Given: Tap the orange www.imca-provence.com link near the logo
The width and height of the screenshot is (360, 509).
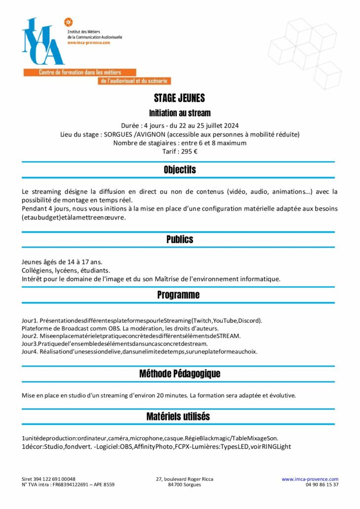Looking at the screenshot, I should [88, 42].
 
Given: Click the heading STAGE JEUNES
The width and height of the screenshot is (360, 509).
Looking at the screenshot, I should [179, 98].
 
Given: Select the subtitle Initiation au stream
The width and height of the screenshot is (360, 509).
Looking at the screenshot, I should [180, 113].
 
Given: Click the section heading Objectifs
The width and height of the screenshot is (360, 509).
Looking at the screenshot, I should [180, 170].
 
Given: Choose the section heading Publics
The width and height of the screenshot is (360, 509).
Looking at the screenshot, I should [180, 239].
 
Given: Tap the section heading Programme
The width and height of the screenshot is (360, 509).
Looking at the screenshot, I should [178, 295].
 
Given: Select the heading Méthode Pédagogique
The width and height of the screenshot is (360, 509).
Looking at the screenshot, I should [180, 374].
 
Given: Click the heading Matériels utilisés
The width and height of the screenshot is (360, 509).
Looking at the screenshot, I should [178, 417].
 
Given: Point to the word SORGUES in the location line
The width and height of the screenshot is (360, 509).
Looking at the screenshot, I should [118, 134].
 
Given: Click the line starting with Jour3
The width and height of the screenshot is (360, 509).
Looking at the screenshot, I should [115, 343].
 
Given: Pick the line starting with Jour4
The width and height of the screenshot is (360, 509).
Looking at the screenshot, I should [139, 351].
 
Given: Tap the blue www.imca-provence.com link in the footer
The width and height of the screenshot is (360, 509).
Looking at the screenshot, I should [310, 479].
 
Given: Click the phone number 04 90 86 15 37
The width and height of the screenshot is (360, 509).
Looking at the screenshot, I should [322, 485].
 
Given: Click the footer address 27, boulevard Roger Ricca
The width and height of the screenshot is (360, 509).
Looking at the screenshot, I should [184, 479].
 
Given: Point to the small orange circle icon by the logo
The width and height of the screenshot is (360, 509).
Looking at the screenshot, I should [69, 22].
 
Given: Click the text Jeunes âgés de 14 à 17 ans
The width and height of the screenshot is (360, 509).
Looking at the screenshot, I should [62, 261].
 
